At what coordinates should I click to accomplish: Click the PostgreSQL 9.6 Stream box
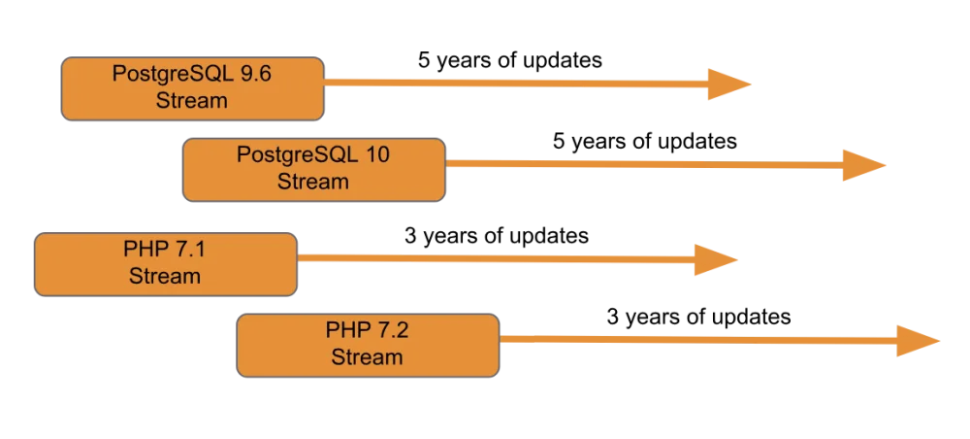point(192,88)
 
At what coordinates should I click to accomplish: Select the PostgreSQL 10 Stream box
point(313,169)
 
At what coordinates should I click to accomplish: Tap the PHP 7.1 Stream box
point(165,263)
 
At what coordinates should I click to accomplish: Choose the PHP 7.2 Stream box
point(368,344)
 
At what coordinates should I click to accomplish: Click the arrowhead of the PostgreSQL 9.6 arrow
point(728,84)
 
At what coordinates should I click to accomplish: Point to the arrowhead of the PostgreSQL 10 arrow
point(863,165)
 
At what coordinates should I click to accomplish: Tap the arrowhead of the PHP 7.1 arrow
point(717,259)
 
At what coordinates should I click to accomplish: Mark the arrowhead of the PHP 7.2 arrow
point(918,340)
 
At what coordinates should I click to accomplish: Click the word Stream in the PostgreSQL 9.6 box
point(191,100)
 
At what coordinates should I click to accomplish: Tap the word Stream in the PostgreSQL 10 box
point(312,181)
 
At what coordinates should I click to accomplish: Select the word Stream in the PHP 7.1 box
point(165,276)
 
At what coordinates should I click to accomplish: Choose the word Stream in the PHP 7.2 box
point(367,356)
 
